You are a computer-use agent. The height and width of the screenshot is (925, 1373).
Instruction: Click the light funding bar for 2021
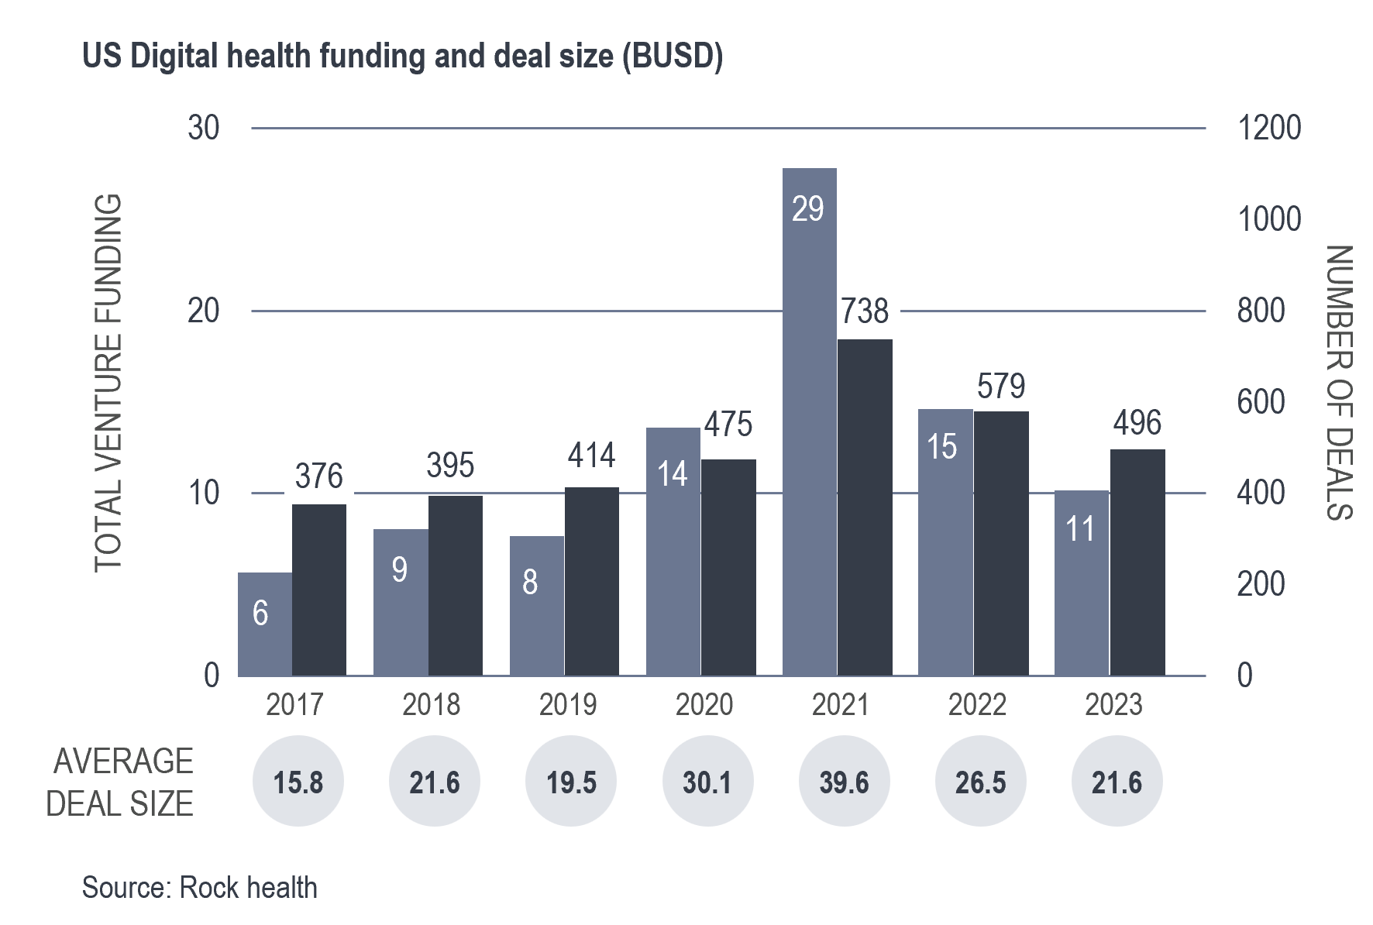(x=809, y=422)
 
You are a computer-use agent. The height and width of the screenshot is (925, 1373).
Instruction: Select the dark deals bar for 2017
(x=319, y=590)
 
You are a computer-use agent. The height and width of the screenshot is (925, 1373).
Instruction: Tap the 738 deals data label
(x=865, y=311)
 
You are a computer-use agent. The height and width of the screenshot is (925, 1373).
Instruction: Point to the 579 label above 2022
(x=1001, y=386)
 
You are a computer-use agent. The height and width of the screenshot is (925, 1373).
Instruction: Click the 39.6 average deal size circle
(x=844, y=782)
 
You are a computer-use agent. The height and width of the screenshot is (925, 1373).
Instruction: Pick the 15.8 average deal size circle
(x=298, y=782)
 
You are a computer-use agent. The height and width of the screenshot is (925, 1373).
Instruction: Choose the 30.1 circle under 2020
(x=707, y=782)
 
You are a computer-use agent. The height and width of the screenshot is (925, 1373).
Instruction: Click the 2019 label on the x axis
(x=568, y=704)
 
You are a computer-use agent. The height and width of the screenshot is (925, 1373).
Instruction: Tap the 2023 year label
(x=1113, y=704)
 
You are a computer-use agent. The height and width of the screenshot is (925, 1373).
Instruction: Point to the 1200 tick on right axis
(x=1269, y=129)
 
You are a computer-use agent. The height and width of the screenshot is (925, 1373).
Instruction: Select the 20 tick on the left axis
(x=204, y=311)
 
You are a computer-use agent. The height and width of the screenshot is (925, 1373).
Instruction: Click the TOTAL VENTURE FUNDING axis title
(x=108, y=383)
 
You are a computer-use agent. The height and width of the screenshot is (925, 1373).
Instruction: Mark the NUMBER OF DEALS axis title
(x=1339, y=383)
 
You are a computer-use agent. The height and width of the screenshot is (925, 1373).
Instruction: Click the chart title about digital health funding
(x=402, y=57)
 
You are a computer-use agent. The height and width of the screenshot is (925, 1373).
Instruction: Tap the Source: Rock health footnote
(x=200, y=887)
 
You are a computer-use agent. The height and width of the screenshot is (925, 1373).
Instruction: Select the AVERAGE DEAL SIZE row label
(x=120, y=782)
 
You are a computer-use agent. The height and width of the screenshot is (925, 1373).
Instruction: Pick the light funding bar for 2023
(x=1082, y=583)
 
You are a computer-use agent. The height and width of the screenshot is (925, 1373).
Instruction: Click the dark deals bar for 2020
(x=728, y=567)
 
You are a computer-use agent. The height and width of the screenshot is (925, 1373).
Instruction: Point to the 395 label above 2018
(x=450, y=465)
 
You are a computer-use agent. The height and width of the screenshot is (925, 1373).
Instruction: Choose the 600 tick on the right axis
(x=1261, y=402)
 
